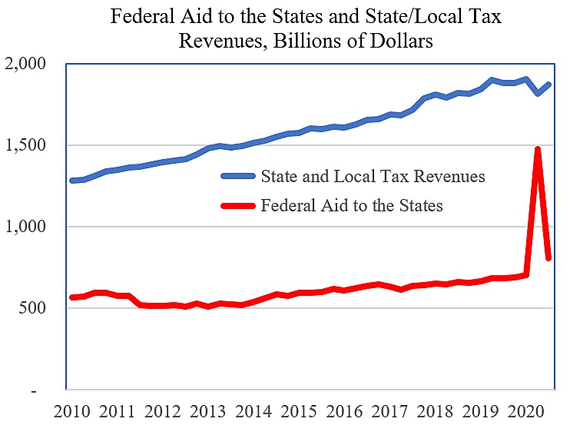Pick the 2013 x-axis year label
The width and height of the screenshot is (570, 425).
pos(209,410)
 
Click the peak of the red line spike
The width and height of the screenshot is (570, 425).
pos(538,149)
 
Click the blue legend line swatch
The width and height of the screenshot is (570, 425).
pos(239,177)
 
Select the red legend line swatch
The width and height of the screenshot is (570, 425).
pos(239,206)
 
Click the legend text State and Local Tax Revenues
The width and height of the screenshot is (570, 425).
pos(373,177)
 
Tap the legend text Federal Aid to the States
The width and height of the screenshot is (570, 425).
pos(352,206)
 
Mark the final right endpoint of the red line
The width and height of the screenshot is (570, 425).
pos(548,258)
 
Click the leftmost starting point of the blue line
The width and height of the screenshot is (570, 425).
pos(71,181)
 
